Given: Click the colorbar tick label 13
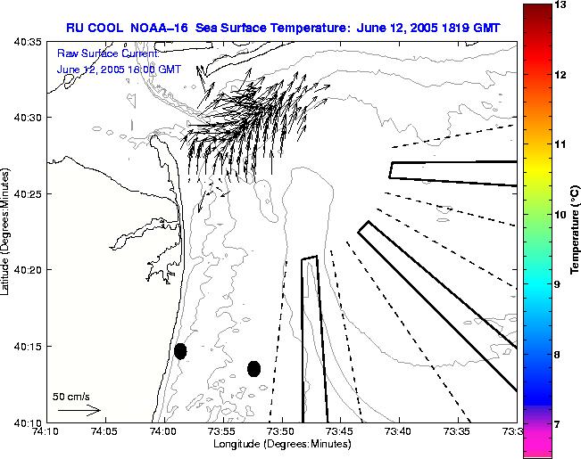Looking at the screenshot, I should click(561, 5).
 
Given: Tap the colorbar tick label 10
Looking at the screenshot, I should click(561, 215).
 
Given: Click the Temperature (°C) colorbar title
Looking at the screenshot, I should click(576, 230).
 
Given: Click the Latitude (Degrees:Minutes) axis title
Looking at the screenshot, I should click(7, 231).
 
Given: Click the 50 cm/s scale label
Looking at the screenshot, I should click(71, 396).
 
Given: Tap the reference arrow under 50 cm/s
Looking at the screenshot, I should click(79, 410).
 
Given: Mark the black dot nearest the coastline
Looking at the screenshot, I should click(180, 351).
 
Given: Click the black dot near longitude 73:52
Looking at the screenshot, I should click(254, 368).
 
